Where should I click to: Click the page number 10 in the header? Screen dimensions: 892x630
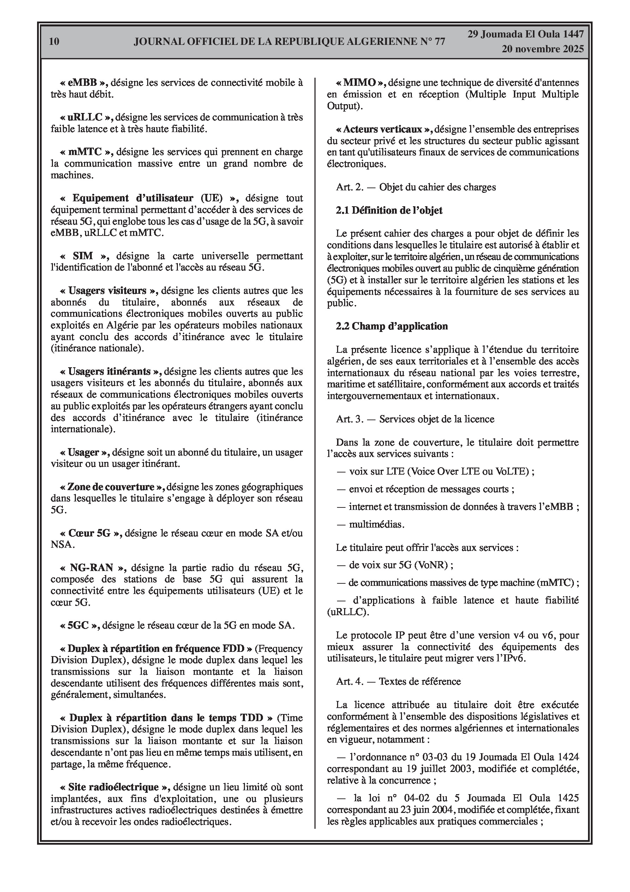pos(54,42)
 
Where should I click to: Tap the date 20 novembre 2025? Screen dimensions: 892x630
pos(542,49)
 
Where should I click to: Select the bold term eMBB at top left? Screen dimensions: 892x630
pos(83,82)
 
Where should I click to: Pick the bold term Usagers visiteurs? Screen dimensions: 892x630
pos(108,291)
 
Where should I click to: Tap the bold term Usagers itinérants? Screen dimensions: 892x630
pos(109,371)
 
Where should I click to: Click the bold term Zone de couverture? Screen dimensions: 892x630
pos(111,487)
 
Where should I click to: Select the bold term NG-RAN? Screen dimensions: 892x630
pos(92,568)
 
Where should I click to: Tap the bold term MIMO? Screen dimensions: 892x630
pos(360,82)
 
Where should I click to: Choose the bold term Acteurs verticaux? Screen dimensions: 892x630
pos(383,129)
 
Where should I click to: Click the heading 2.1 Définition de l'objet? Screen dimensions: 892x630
pos(389,210)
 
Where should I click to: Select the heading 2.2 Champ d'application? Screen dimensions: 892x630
pos(392,326)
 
